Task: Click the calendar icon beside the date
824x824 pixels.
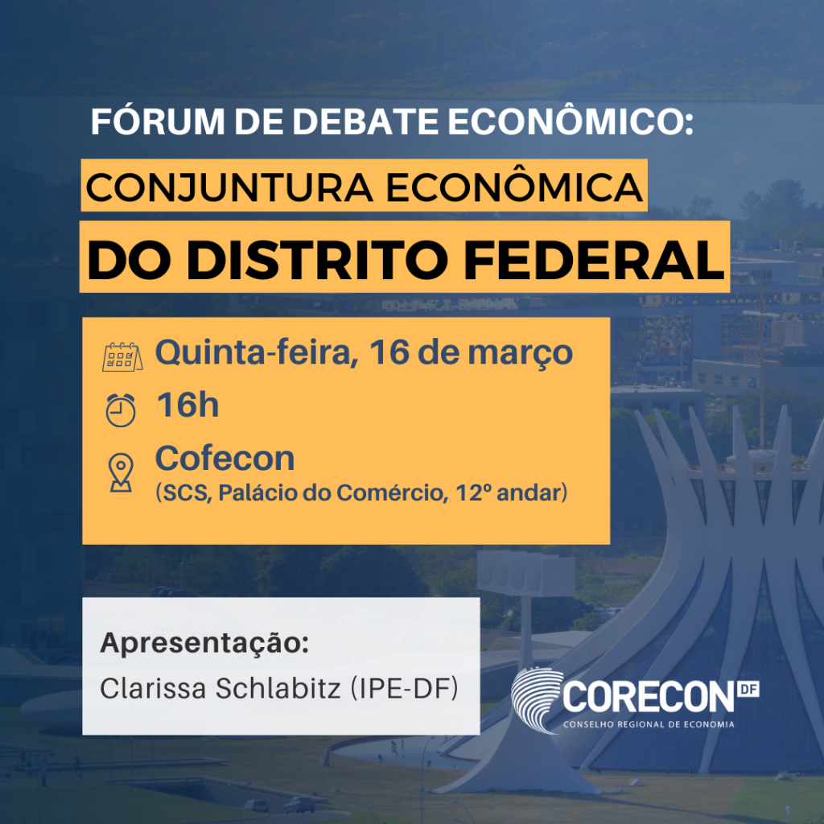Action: coord(122,356)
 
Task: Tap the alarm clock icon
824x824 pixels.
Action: coord(121,409)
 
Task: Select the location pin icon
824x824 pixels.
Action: coord(121,473)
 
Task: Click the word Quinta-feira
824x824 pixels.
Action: coord(256,352)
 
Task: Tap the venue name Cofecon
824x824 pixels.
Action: coord(225,459)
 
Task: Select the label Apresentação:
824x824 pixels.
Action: coord(204,645)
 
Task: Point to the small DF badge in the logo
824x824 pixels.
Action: coord(748,689)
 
